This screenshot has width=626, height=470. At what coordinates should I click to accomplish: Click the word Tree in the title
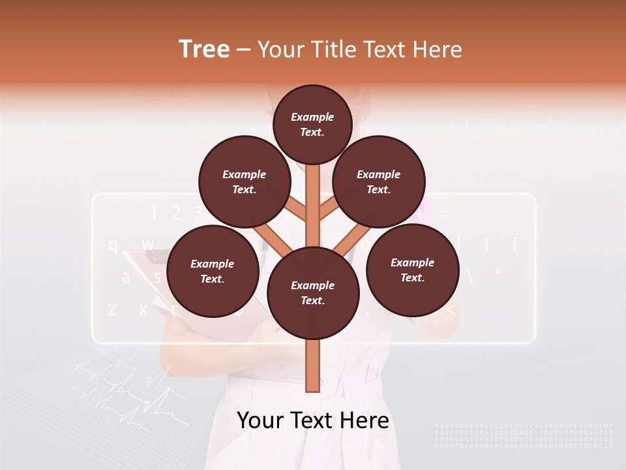(204, 49)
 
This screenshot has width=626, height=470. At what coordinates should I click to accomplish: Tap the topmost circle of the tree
(312, 124)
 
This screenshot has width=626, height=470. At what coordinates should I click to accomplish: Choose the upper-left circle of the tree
(245, 182)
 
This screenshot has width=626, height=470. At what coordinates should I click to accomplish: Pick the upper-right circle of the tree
(379, 181)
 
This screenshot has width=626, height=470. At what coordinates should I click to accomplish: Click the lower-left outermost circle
(213, 271)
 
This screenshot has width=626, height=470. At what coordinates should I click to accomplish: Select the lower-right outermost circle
(413, 270)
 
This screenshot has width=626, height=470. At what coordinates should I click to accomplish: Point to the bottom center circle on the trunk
(313, 292)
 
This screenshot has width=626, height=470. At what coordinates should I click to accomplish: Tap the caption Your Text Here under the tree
(313, 420)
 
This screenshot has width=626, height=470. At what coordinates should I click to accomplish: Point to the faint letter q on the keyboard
(113, 245)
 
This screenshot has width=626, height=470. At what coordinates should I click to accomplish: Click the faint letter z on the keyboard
(112, 309)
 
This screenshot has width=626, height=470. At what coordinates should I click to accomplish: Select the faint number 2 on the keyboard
(175, 213)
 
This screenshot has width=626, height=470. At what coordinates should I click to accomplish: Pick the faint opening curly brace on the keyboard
(515, 244)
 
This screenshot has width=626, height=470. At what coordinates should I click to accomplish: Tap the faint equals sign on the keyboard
(444, 213)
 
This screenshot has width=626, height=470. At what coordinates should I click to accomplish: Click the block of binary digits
(524, 435)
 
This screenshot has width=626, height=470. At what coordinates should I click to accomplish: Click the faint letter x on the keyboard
(143, 309)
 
